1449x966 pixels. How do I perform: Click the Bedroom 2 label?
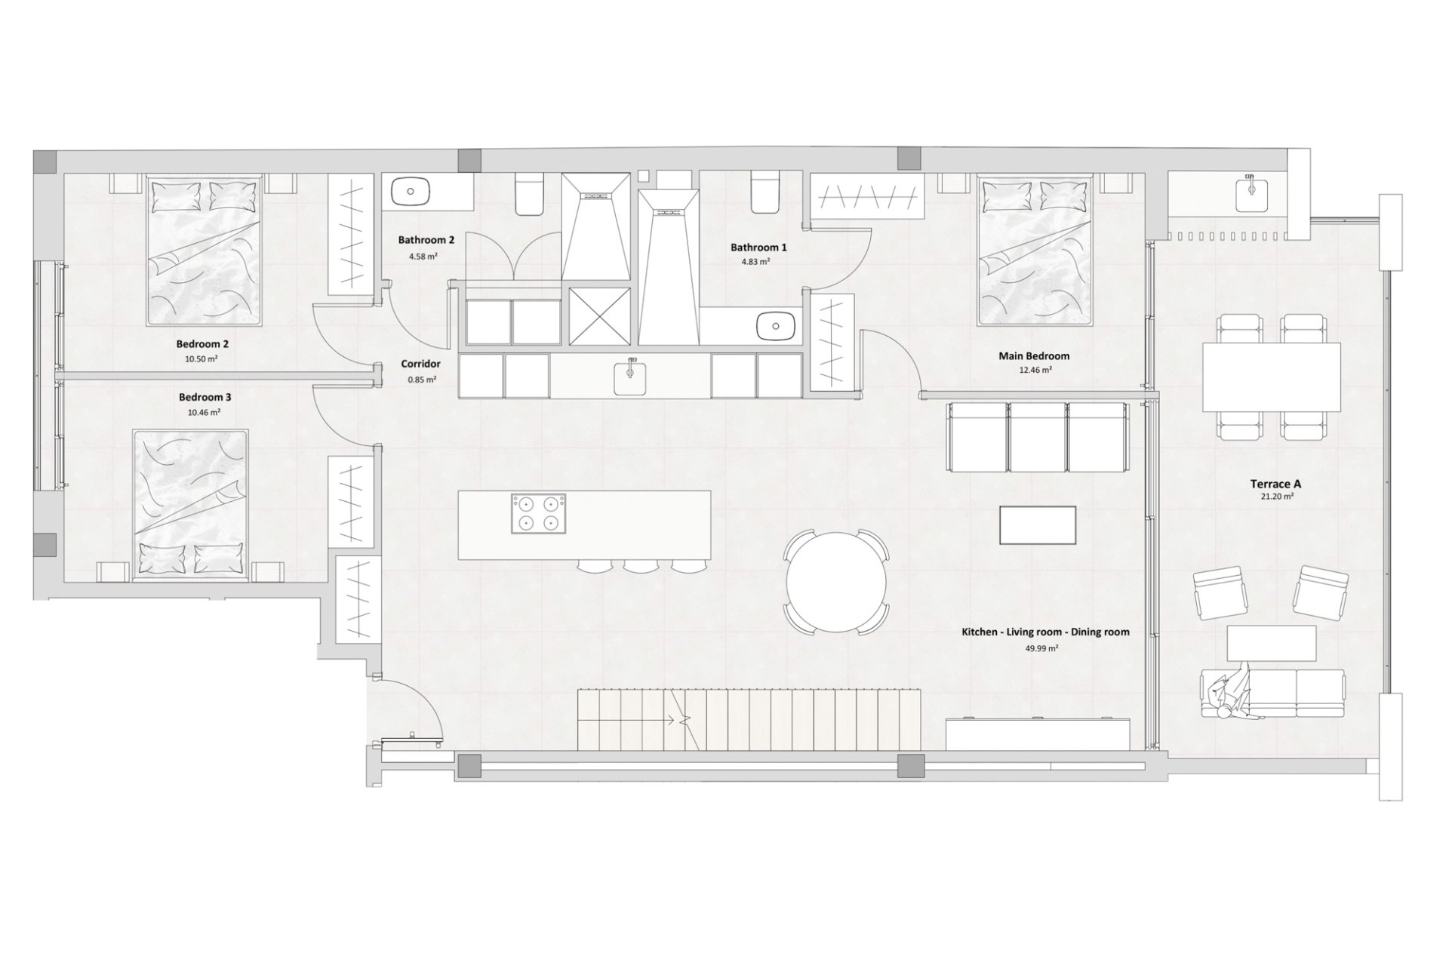[x=202, y=344]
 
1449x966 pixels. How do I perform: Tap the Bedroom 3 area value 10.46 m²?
[x=204, y=413]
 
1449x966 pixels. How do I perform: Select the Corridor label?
[x=420, y=364]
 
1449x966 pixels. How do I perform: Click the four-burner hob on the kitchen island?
[x=538, y=513]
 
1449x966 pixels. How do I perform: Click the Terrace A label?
[x=1275, y=485]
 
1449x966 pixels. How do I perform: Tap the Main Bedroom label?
[x=1034, y=356]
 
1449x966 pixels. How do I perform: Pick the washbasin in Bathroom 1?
[x=776, y=326]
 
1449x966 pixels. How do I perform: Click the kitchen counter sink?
[x=629, y=377]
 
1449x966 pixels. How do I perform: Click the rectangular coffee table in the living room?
[x=1038, y=525]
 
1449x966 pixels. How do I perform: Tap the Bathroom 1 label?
[x=758, y=248]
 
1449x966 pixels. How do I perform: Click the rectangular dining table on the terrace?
[x=1272, y=377]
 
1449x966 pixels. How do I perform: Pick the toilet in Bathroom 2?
[x=529, y=194]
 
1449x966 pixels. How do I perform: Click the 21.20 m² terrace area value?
[x=1277, y=497]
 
